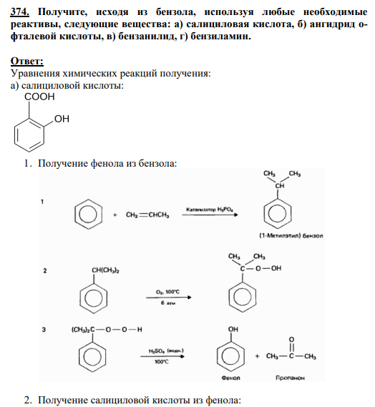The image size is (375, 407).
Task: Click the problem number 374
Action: tap(20, 12)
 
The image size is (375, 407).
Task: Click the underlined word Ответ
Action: tap(27, 62)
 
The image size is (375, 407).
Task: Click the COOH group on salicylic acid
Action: tap(39, 97)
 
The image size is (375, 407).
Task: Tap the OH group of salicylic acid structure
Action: tap(62, 119)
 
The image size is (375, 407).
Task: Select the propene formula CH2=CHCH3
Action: tap(147, 215)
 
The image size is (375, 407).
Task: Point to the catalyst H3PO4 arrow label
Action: tap(210, 209)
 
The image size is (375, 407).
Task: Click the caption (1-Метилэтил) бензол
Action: tap(291, 235)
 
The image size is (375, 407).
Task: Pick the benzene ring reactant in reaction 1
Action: tap(88, 214)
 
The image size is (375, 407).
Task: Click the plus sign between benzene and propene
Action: tap(115, 215)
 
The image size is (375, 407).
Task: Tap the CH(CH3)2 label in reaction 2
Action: tap(105, 270)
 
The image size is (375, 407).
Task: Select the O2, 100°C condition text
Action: tap(167, 292)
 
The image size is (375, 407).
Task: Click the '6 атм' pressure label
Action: tap(167, 303)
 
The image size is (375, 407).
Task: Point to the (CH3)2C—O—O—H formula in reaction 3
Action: tap(107, 330)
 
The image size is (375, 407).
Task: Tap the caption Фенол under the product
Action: tap(231, 378)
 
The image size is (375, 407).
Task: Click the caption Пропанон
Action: tap(290, 378)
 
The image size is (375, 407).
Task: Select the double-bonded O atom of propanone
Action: tap(292, 340)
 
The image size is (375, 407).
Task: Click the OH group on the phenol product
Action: tap(233, 329)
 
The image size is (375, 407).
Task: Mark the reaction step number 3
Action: tap(44, 330)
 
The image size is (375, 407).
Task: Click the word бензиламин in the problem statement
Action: tap(220, 36)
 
